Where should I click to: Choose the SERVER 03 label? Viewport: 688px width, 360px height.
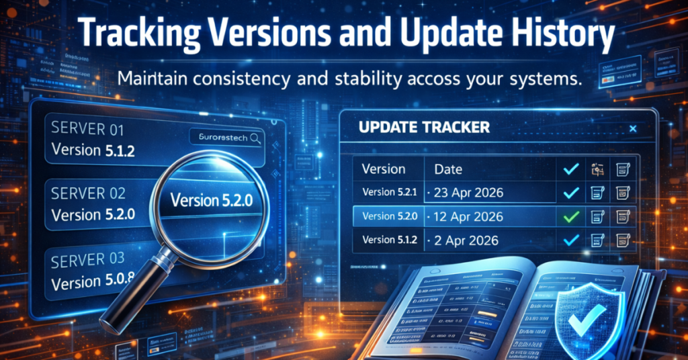88,259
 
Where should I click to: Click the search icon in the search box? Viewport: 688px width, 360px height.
255,138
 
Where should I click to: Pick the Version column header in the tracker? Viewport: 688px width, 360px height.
384,169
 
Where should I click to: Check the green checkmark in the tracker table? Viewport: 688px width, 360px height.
571,217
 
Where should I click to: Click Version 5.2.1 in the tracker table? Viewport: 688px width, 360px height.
389,193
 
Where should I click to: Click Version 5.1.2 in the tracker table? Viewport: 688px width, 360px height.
389,240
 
